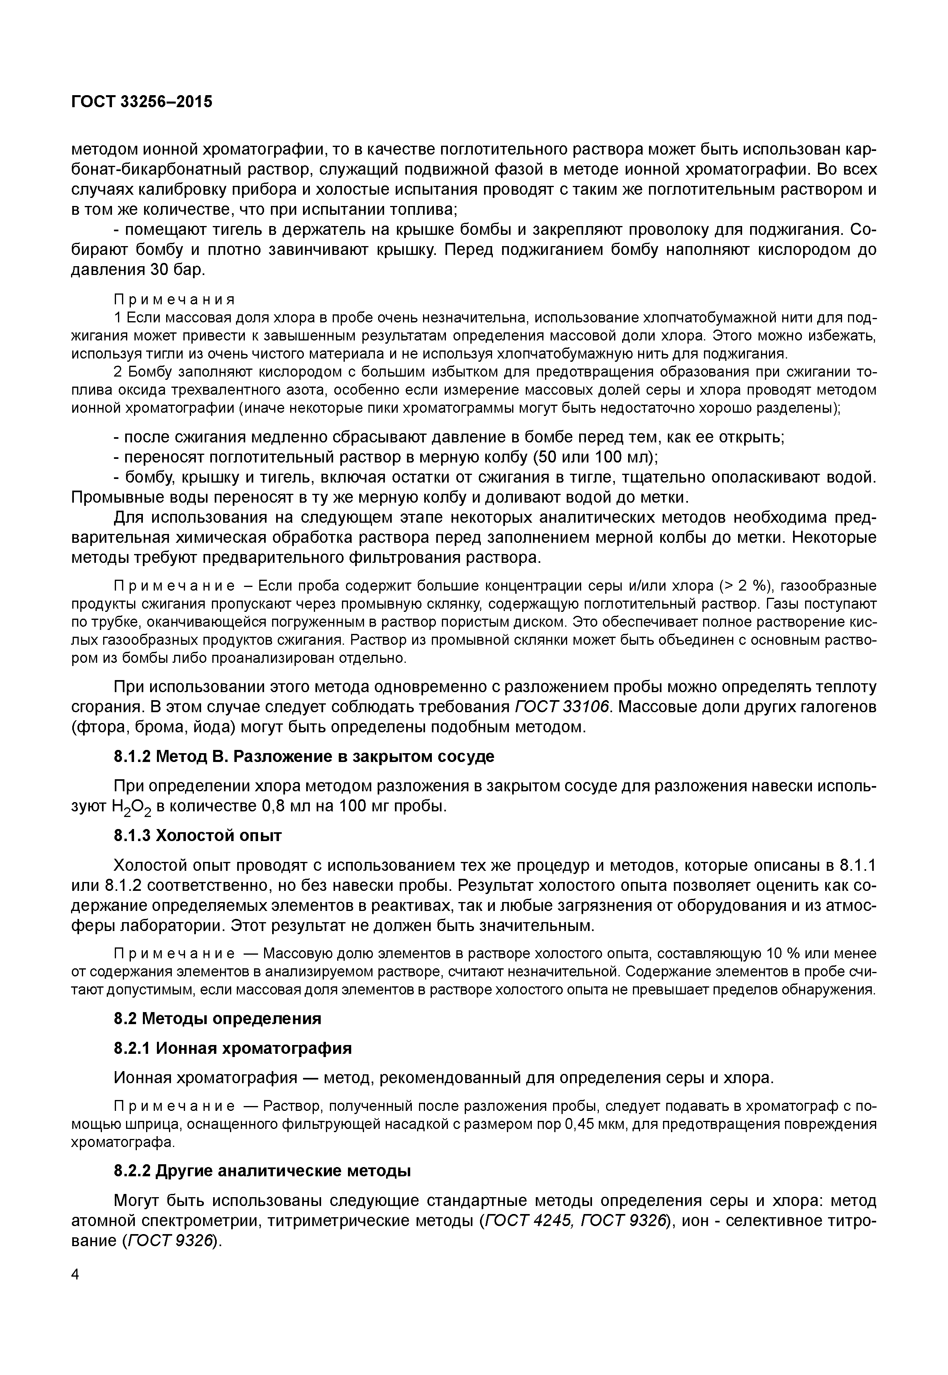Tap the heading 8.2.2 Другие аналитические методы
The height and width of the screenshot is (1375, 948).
click(262, 1171)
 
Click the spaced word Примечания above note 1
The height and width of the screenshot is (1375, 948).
click(174, 299)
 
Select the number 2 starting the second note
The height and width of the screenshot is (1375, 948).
click(118, 372)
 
